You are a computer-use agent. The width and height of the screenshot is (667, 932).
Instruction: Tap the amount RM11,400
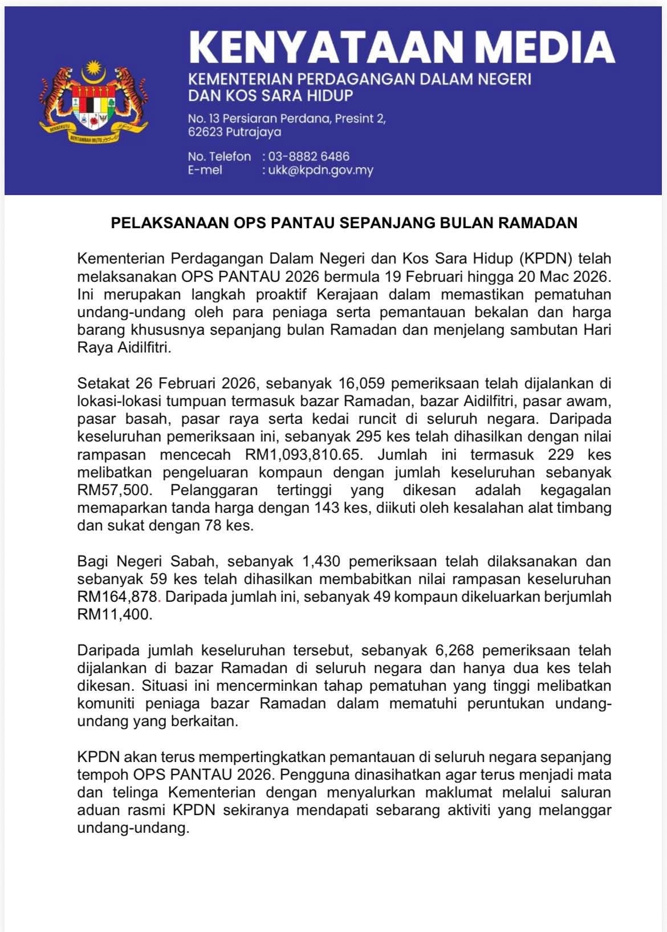pyautogui.click(x=115, y=615)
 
